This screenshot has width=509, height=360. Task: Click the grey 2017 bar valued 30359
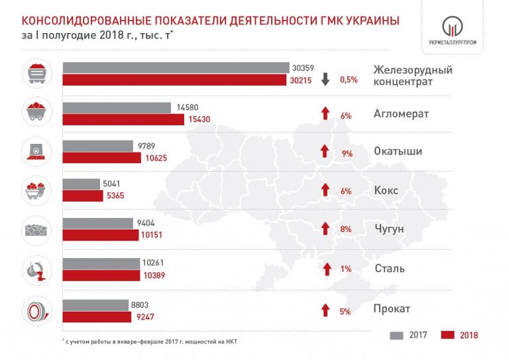click(x=176, y=68)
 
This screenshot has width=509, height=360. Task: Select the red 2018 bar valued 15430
click(x=123, y=120)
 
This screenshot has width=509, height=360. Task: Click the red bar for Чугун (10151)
click(x=101, y=235)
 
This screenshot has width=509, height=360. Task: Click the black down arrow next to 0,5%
click(x=325, y=79)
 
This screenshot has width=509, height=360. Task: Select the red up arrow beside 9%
click(x=325, y=150)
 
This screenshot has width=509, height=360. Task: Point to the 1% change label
click(x=345, y=270)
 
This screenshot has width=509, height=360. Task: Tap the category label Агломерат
click(x=401, y=113)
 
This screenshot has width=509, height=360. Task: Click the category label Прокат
click(x=392, y=309)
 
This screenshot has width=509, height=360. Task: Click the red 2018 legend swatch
click(x=447, y=335)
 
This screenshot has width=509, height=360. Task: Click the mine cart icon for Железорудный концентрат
click(x=38, y=74)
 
